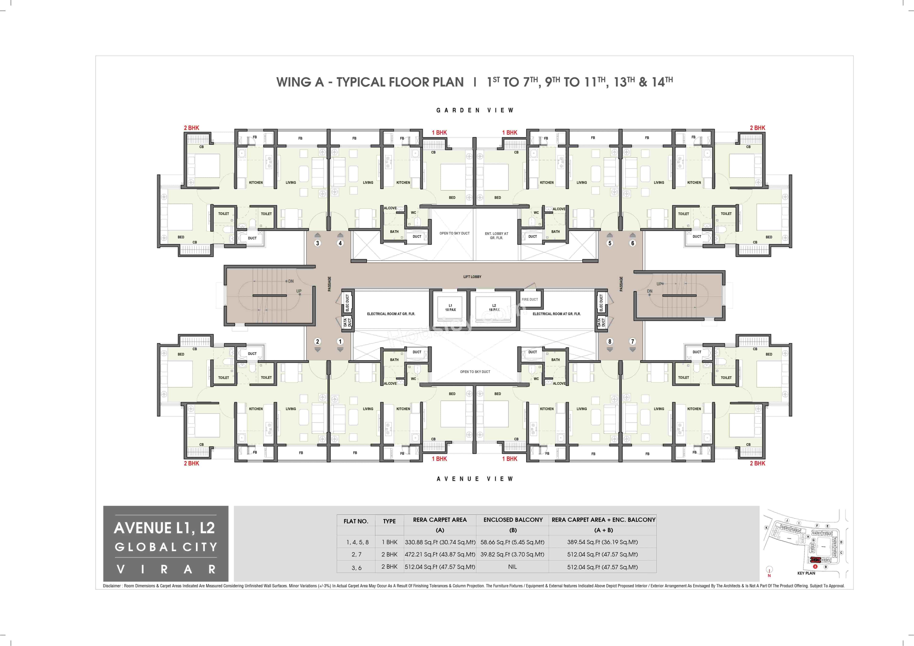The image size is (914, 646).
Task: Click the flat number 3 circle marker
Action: (x=318, y=243)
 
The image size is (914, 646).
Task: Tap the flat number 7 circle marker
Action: (x=632, y=341)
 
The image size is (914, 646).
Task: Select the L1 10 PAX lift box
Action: (x=450, y=308)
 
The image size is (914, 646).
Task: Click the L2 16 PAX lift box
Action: (x=494, y=308)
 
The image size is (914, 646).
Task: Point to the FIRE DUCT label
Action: (x=530, y=299)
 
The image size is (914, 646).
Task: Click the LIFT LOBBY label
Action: (x=472, y=276)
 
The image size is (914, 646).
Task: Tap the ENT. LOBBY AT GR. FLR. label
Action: (x=496, y=236)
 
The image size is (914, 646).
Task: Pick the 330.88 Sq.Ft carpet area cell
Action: (x=440, y=542)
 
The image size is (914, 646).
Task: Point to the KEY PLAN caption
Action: (x=806, y=573)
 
